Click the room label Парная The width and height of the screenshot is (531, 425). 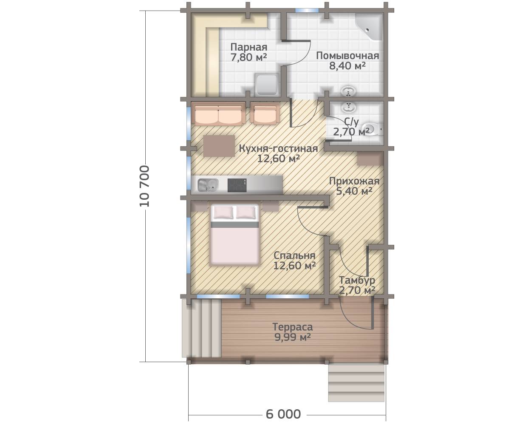(249, 47)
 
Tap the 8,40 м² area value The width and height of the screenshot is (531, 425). (347, 66)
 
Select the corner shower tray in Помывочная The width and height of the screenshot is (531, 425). (369, 27)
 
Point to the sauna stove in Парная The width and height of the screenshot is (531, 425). (268, 84)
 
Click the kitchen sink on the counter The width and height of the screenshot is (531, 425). (208, 185)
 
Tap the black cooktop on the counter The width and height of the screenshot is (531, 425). (237, 185)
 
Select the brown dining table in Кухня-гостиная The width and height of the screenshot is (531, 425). (219, 146)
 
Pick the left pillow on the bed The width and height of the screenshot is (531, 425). (223, 212)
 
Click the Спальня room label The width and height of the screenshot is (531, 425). (294, 255)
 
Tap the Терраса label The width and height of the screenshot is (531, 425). (293, 327)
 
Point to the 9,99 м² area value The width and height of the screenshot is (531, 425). (292, 337)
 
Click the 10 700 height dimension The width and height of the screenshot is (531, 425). (145, 186)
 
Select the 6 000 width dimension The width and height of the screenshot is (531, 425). (283, 414)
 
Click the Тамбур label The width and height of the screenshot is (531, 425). (357, 280)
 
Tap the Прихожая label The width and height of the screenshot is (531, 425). (354, 181)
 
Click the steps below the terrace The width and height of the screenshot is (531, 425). (356, 387)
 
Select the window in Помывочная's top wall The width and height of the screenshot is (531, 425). (307, 10)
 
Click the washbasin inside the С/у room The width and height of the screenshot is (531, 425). (348, 107)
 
